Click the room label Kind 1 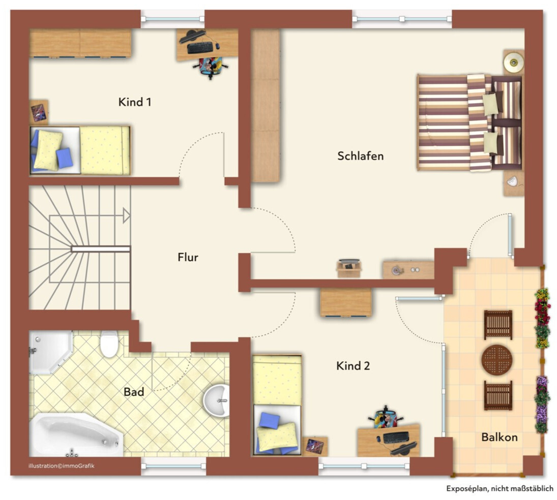click(135, 102)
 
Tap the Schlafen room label click(360, 156)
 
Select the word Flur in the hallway click(188, 257)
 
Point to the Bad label click(134, 392)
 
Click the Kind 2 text click(353, 365)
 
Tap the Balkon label click(500, 437)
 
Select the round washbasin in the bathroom click(216, 400)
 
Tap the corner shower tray click(50, 352)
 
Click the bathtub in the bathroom click(76, 435)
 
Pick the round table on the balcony click(497, 360)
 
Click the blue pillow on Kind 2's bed click(269, 420)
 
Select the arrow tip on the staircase click(130, 216)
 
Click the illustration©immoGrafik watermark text click(62, 466)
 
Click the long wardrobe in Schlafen click(266, 105)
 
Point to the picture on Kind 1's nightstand click(38, 112)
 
